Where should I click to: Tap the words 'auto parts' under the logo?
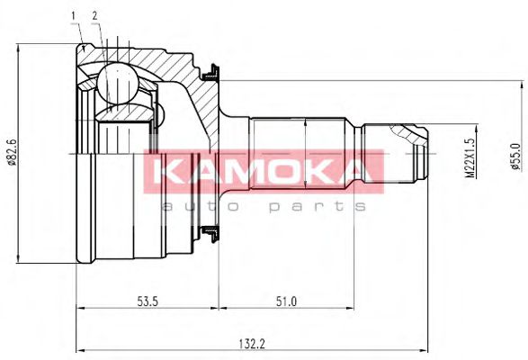[263, 206]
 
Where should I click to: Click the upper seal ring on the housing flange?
[213, 68]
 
